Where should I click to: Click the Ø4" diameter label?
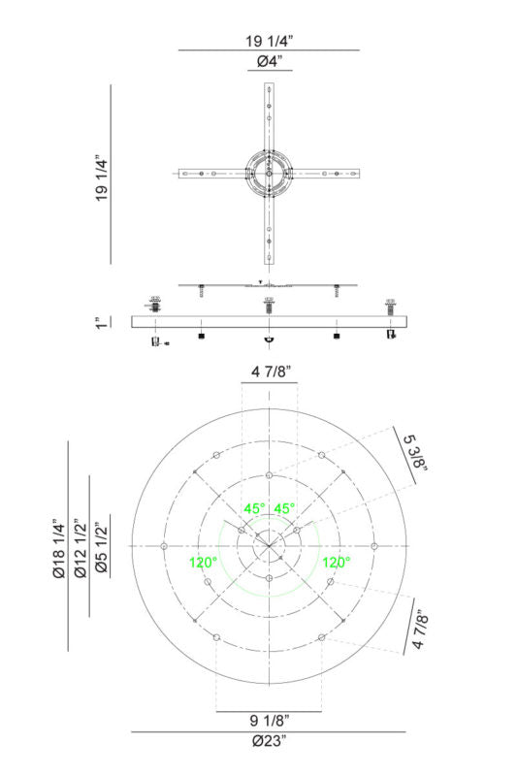click(x=269, y=63)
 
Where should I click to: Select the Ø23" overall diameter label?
click(x=269, y=742)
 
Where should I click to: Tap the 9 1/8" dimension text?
click(x=269, y=720)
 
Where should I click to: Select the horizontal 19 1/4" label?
click(x=269, y=41)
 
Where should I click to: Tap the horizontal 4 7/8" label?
click(x=269, y=372)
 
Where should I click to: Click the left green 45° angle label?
click(x=254, y=509)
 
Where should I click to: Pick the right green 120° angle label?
click(x=336, y=562)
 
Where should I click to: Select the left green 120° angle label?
click(x=203, y=562)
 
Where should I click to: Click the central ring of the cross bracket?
click(x=268, y=174)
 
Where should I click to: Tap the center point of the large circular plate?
click(x=268, y=546)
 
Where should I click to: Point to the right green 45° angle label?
click(x=284, y=509)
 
